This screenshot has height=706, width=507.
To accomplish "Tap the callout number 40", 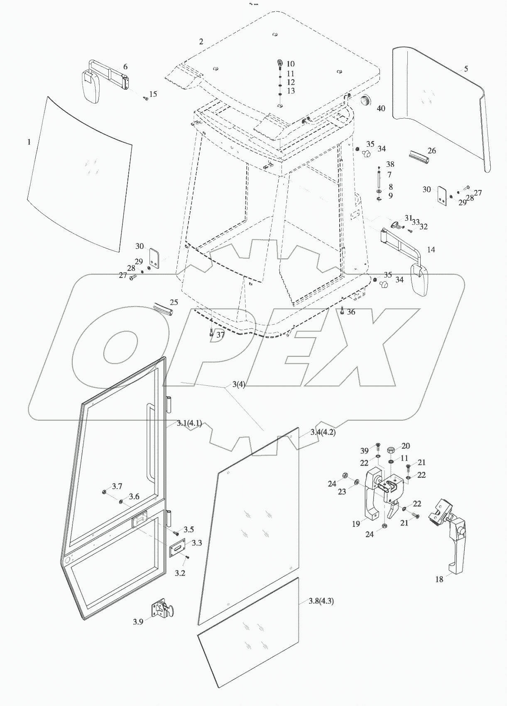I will point(380,109).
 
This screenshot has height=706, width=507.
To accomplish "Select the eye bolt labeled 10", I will point(279,64).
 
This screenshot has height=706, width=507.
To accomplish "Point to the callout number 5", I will point(466,69).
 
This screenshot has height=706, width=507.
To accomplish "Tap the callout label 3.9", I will point(138,621).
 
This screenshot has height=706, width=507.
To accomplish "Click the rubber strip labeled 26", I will point(417,156).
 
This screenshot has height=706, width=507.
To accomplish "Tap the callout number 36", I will point(351,312).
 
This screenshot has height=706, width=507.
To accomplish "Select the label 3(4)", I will point(238,385).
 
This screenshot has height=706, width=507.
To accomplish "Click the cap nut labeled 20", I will point(391,450).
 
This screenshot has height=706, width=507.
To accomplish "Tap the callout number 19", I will point(356,524).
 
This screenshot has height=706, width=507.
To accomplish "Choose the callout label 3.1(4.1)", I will point(189,423).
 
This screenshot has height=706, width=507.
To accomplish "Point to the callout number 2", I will point(201,41).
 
